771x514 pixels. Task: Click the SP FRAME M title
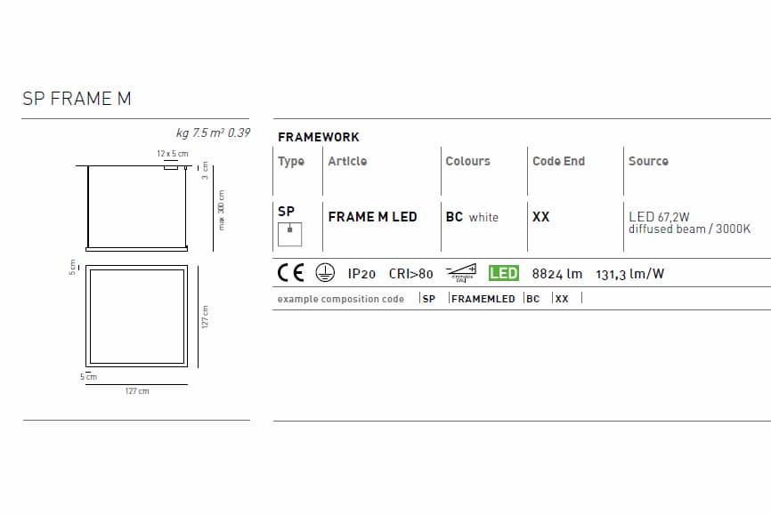[x=77, y=99]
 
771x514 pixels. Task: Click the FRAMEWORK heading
[x=319, y=137]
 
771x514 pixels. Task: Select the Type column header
[x=291, y=161]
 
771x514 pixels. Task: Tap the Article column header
[x=347, y=161]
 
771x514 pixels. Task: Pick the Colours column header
[x=467, y=161]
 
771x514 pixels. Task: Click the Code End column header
[x=558, y=161]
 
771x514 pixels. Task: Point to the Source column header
[x=648, y=161]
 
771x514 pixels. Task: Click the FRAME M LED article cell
[x=372, y=217]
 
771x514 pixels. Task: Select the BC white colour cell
[x=472, y=217]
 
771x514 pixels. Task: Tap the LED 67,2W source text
[x=659, y=216]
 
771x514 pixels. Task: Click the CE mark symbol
[x=291, y=273]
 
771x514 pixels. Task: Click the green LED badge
[x=504, y=273]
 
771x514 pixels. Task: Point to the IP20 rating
[x=361, y=274]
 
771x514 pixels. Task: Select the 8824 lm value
[x=556, y=274]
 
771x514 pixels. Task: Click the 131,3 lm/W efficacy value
[x=629, y=274]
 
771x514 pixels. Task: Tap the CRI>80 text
[x=410, y=274]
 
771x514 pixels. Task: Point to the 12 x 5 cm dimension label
[x=173, y=154]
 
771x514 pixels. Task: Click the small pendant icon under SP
[x=289, y=234]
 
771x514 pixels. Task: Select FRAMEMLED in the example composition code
[x=483, y=299]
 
